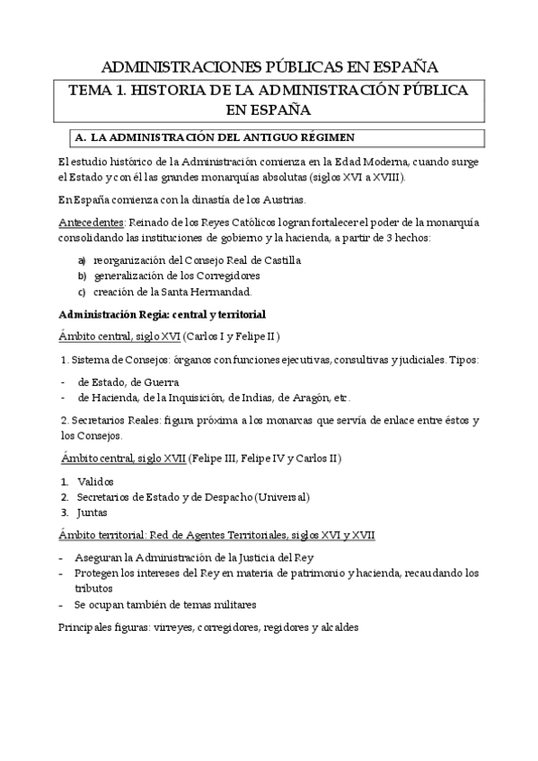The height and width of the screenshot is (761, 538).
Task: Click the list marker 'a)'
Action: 81,259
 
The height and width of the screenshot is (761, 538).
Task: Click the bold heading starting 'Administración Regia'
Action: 161,314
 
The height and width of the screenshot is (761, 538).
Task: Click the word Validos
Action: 96,481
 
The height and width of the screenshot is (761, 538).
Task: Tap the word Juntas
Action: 93,512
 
